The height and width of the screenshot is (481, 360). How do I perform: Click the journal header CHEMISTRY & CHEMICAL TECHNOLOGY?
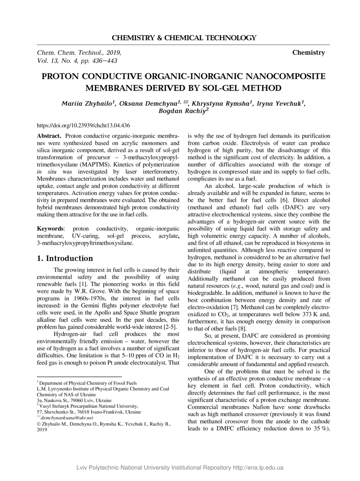[184, 38]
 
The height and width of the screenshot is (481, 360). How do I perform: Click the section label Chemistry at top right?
[308, 52]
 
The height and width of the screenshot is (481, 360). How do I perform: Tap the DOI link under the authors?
[83, 125]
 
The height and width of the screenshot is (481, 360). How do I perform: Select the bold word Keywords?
[50, 229]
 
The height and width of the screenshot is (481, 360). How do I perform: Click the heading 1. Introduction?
[65, 258]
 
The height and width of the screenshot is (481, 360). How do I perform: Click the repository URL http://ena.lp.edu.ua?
[258, 467]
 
